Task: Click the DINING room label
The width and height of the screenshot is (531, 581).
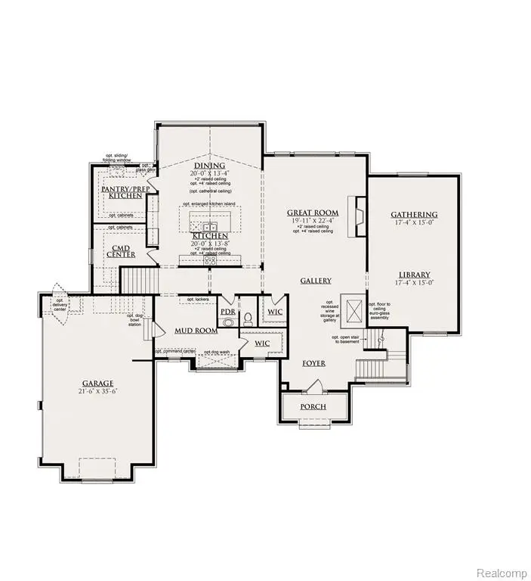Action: (209, 166)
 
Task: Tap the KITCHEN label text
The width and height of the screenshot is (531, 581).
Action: (209, 236)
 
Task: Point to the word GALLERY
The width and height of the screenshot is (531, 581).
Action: (316, 281)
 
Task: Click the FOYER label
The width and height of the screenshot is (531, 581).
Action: (314, 364)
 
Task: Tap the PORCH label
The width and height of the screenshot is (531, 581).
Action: (313, 407)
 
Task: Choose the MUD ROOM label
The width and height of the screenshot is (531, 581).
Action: (196, 331)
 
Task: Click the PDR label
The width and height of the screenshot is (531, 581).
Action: (228, 312)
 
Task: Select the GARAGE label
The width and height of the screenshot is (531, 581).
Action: (97, 383)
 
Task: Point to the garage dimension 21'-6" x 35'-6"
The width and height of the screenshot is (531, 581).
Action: (97, 392)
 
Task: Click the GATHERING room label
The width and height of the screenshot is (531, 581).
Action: (414, 215)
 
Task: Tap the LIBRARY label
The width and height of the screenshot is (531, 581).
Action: (415, 275)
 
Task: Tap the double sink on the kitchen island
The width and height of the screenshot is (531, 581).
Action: (209, 225)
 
